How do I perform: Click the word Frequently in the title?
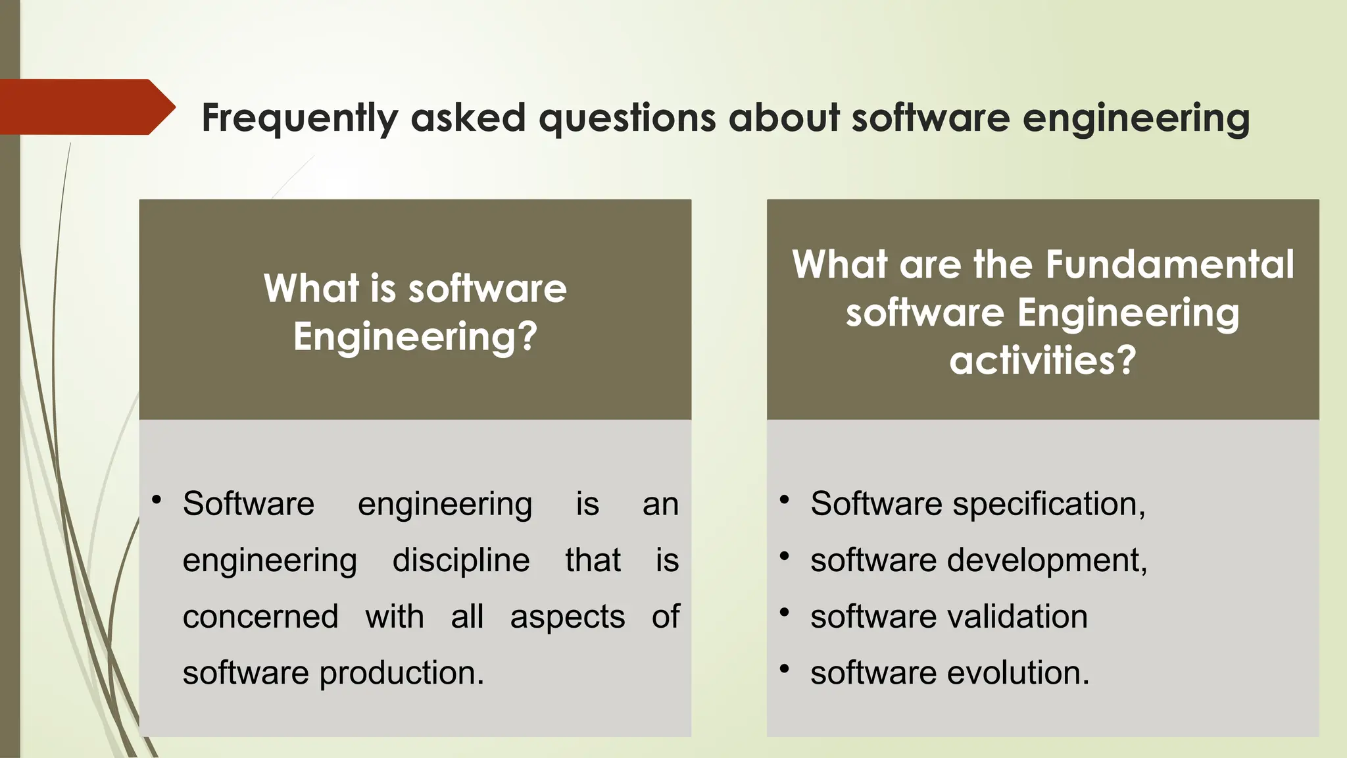coord(299,118)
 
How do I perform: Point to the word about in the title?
coord(783,118)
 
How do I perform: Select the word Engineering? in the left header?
coord(415,337)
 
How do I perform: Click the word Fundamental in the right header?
coord(1169,265)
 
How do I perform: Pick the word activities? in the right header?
coord(1042,361)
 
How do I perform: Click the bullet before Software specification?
coord(784,499)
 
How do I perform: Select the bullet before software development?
coord(784,556)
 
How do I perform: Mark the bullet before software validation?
coord(784,613)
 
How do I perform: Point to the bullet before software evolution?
coord(784,669)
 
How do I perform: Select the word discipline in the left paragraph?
coord(461,561)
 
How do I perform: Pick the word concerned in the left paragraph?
coord(260,617)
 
